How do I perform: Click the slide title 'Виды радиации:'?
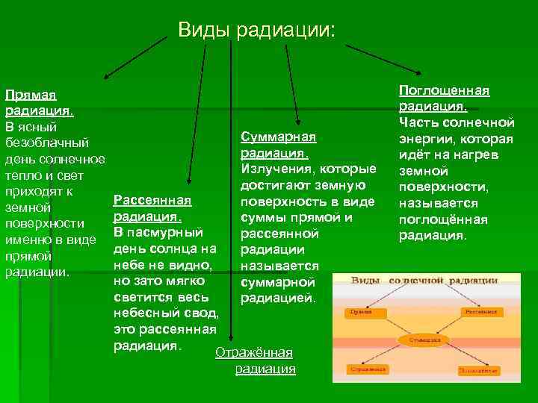coord(257,30)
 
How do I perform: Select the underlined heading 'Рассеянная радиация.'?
coord(152,208)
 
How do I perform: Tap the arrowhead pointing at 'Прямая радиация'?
coord(105,76)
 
